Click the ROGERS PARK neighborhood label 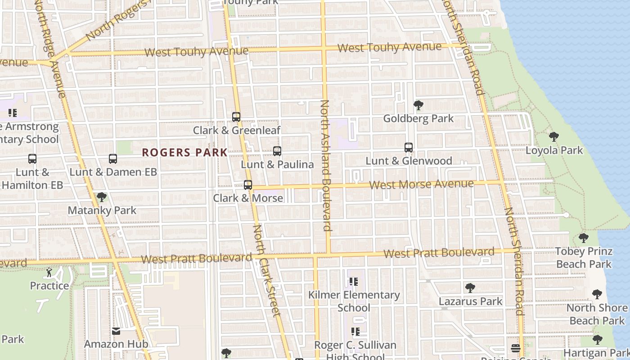(185, 153)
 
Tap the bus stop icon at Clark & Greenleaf (236, 117)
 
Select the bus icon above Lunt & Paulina (277, 151)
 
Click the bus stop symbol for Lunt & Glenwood (409, 148)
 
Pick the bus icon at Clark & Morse (248, 185)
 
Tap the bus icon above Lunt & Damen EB (113, 159)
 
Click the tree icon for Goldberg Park (418, 105)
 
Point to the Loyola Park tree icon (554, 137)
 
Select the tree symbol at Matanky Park (102, 197)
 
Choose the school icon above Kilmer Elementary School (354, 282)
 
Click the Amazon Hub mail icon (116, 331)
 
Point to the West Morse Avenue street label (421, 184)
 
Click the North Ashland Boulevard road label (325, 165)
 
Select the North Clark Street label (267, 270)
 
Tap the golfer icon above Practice (49, 272)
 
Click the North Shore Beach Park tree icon (597, 295)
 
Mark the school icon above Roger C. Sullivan (355, 332)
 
